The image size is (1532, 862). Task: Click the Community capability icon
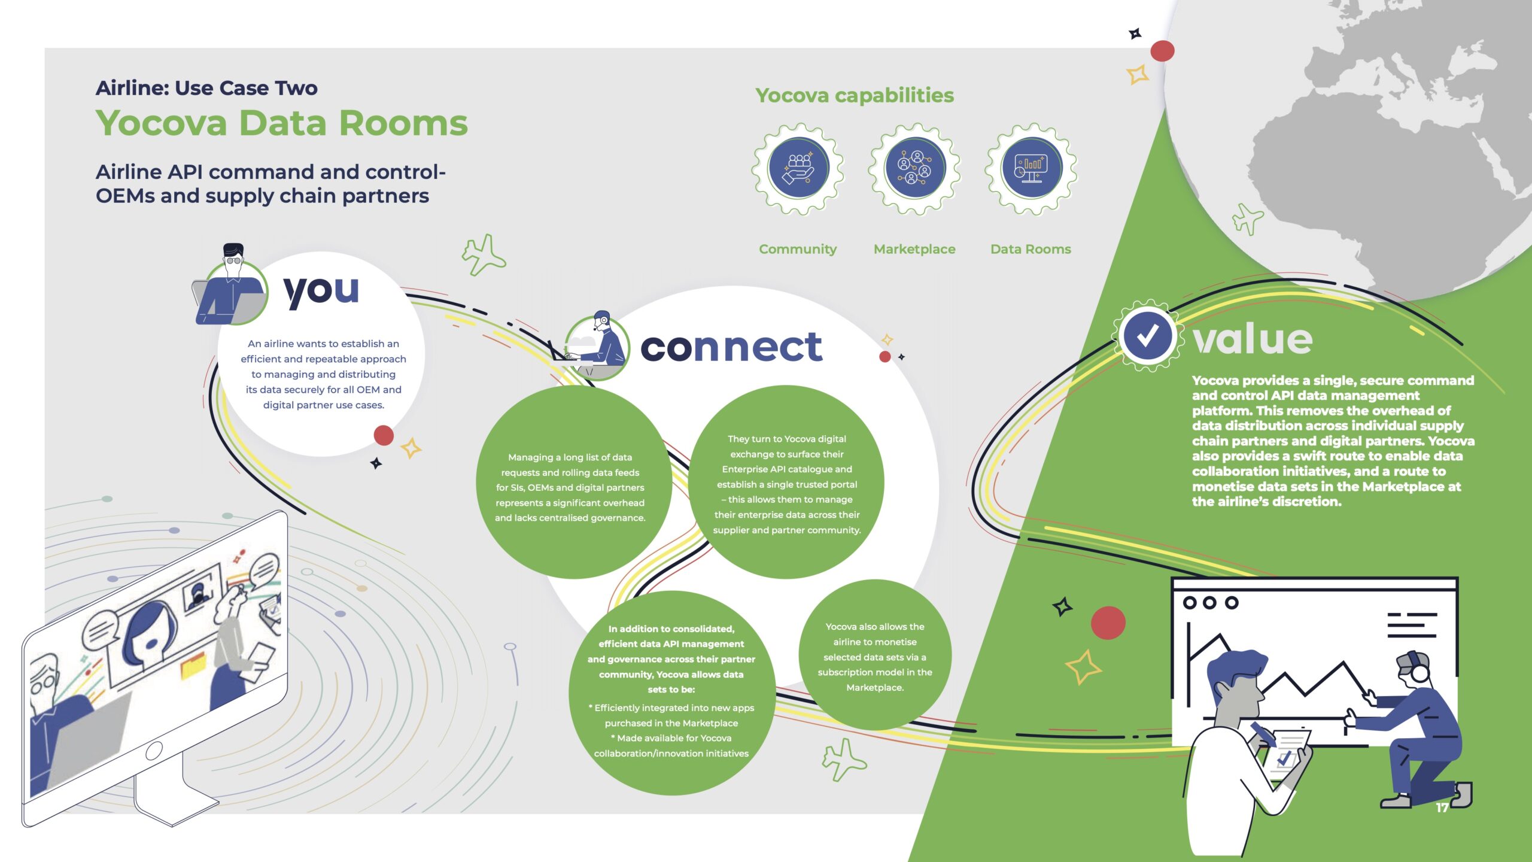[x=798, y=169]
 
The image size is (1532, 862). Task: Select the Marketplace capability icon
[x=915, y=169]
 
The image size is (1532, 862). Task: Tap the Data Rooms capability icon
[x=1031, y=169]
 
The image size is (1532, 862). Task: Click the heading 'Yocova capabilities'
[x=855, y=95]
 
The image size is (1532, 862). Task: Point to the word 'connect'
[x=731, y=347]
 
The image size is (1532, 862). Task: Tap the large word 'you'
[x=321, y=292]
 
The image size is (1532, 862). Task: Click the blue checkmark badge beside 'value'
[x=1147, y=336]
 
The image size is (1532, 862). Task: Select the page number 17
[x=1442, y=808]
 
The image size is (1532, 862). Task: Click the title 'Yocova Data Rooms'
[x=282, y=123]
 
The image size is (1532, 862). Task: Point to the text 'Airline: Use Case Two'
[x=206, y=88]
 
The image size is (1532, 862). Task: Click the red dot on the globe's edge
[x=1162, y=51]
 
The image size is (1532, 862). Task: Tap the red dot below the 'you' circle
[x=384, y=435]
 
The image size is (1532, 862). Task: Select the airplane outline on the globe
[x=1248, y=219]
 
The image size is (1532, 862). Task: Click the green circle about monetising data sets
[x=875, y=655]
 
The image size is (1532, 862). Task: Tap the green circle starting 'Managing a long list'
[x=573, y=482]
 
